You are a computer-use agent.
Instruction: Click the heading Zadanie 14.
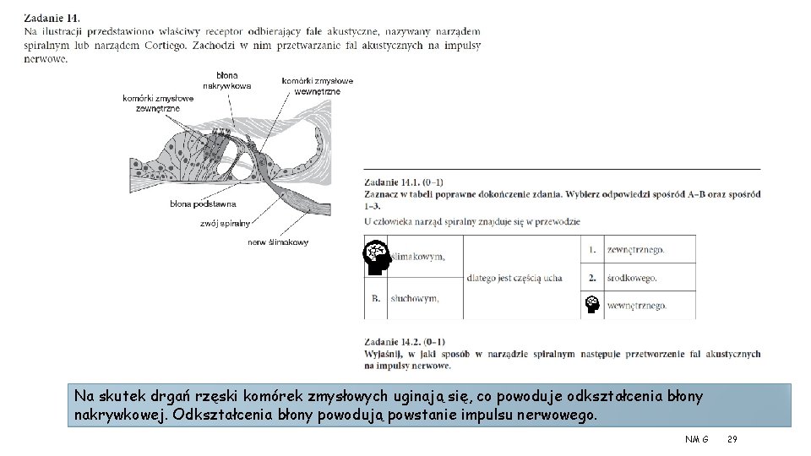click(52, 17)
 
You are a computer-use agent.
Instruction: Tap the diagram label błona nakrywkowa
click(226, 81)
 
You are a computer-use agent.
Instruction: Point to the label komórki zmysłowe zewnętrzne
click(158, 103)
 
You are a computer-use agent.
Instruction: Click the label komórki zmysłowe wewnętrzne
click(318, 86)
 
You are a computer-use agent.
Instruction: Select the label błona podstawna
click(203, 204)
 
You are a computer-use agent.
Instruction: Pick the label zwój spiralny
click(226, 224)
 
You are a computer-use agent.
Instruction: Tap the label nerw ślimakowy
click(278, 242)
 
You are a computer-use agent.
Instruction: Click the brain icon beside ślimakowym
click(377, 257)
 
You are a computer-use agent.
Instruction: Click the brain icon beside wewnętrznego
click(592, 305)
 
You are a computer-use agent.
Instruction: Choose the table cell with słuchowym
click(413, 299)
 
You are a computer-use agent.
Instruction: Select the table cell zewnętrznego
click(635, 250)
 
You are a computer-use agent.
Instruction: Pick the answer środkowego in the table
click(632, 278)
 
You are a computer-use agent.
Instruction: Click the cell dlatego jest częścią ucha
click(514, 278)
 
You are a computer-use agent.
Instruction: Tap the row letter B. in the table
click(376, 299)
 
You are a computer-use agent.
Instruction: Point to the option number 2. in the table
click(592, 278)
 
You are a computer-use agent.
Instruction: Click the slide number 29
click(732, 440)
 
